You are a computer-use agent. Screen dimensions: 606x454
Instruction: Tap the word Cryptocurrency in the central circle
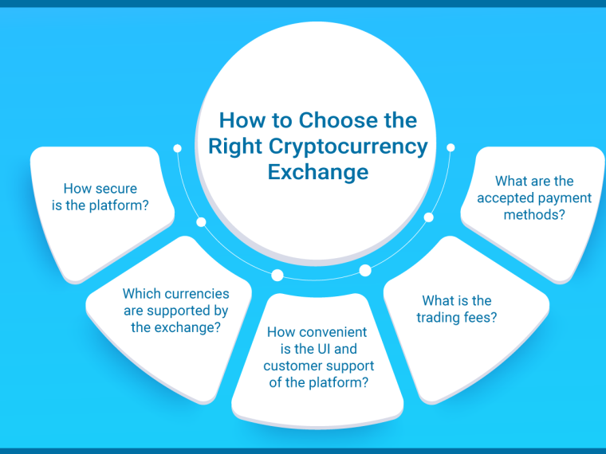(348, 147)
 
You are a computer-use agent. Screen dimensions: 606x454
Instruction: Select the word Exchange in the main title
(318, 172)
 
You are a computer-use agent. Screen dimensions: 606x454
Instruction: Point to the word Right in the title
(235, 147)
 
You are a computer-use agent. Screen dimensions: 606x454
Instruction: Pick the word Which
(140, 293)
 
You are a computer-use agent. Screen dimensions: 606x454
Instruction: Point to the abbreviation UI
(324, 349)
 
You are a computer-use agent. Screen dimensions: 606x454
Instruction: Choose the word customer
(290, 366)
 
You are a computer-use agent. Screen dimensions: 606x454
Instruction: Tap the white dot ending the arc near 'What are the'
(451, 147)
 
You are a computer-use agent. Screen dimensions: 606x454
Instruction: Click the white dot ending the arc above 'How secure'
(177, 148)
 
